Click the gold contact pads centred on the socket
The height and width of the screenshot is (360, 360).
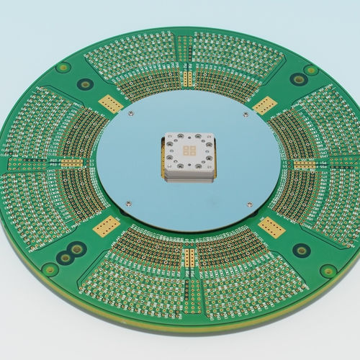click(189, 150)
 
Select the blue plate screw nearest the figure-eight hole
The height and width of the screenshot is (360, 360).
click(127, 204)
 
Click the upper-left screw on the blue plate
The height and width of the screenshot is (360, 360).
click(130, 112)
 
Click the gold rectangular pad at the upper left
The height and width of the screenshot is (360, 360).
click(110, 103)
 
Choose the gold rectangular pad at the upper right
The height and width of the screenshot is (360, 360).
click(264, 104)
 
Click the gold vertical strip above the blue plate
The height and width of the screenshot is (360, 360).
click(188, 72)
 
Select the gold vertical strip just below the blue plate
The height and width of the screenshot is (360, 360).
click(189, 256)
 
